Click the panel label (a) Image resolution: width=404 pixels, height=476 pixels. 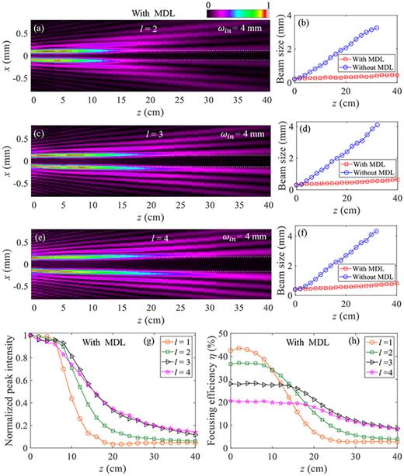pyautogui.click(x=39, y=29)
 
